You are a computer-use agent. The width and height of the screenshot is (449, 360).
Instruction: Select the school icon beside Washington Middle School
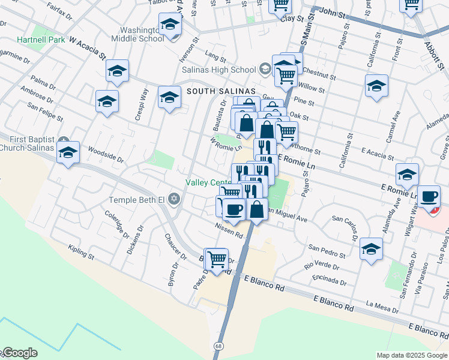click(x=170, y=25)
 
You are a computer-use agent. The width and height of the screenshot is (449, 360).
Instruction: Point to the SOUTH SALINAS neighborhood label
click(x=217, y=91)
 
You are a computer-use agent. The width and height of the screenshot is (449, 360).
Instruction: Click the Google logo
click(x=19, y=353)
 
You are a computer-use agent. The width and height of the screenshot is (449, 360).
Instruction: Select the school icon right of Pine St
click(x=376, y=85)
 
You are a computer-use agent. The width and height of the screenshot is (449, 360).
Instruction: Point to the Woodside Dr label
click(x=105, y=154)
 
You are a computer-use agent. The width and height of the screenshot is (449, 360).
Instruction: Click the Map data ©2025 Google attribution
click(x=412, y=355)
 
